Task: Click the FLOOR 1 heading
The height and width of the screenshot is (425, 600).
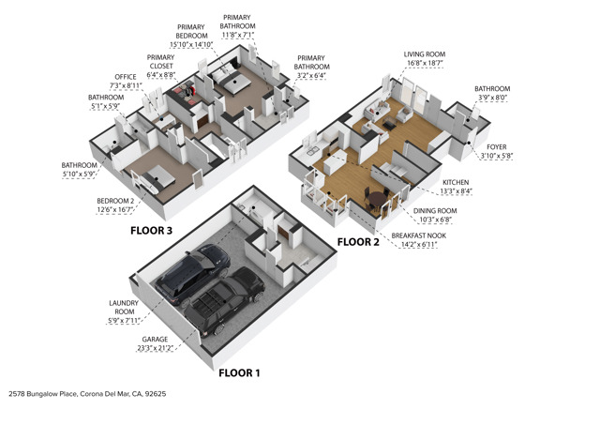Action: click(239, 372)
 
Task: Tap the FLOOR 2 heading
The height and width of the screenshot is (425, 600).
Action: click(357, 241)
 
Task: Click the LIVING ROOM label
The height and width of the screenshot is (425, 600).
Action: click(425, 55)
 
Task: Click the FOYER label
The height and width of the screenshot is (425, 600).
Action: click(494, 147)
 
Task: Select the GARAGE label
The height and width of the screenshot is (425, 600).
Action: click(155, 339)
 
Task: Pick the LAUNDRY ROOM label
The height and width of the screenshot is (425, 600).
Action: click(124, 307)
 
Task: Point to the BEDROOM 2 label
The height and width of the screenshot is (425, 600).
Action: click(117, 201)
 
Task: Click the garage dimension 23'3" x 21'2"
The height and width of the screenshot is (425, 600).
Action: click(155, 348)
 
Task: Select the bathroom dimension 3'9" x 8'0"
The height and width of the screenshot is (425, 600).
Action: click(492, 98)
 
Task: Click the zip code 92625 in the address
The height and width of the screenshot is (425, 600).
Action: click(152, 395)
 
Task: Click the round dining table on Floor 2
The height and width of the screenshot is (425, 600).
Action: click(376, 199)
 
